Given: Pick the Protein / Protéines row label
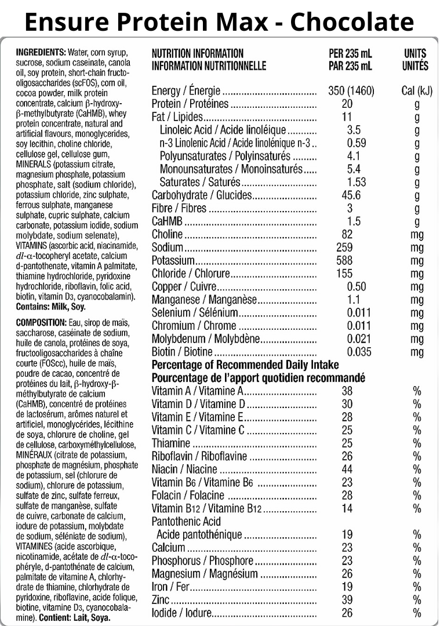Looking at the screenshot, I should [190, 104].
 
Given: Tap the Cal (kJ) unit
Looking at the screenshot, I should [417, 92].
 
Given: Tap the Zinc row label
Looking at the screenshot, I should [161, 600].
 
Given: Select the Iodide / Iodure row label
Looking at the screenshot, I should [180, 613].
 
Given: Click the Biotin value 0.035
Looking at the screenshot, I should [359, 351].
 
